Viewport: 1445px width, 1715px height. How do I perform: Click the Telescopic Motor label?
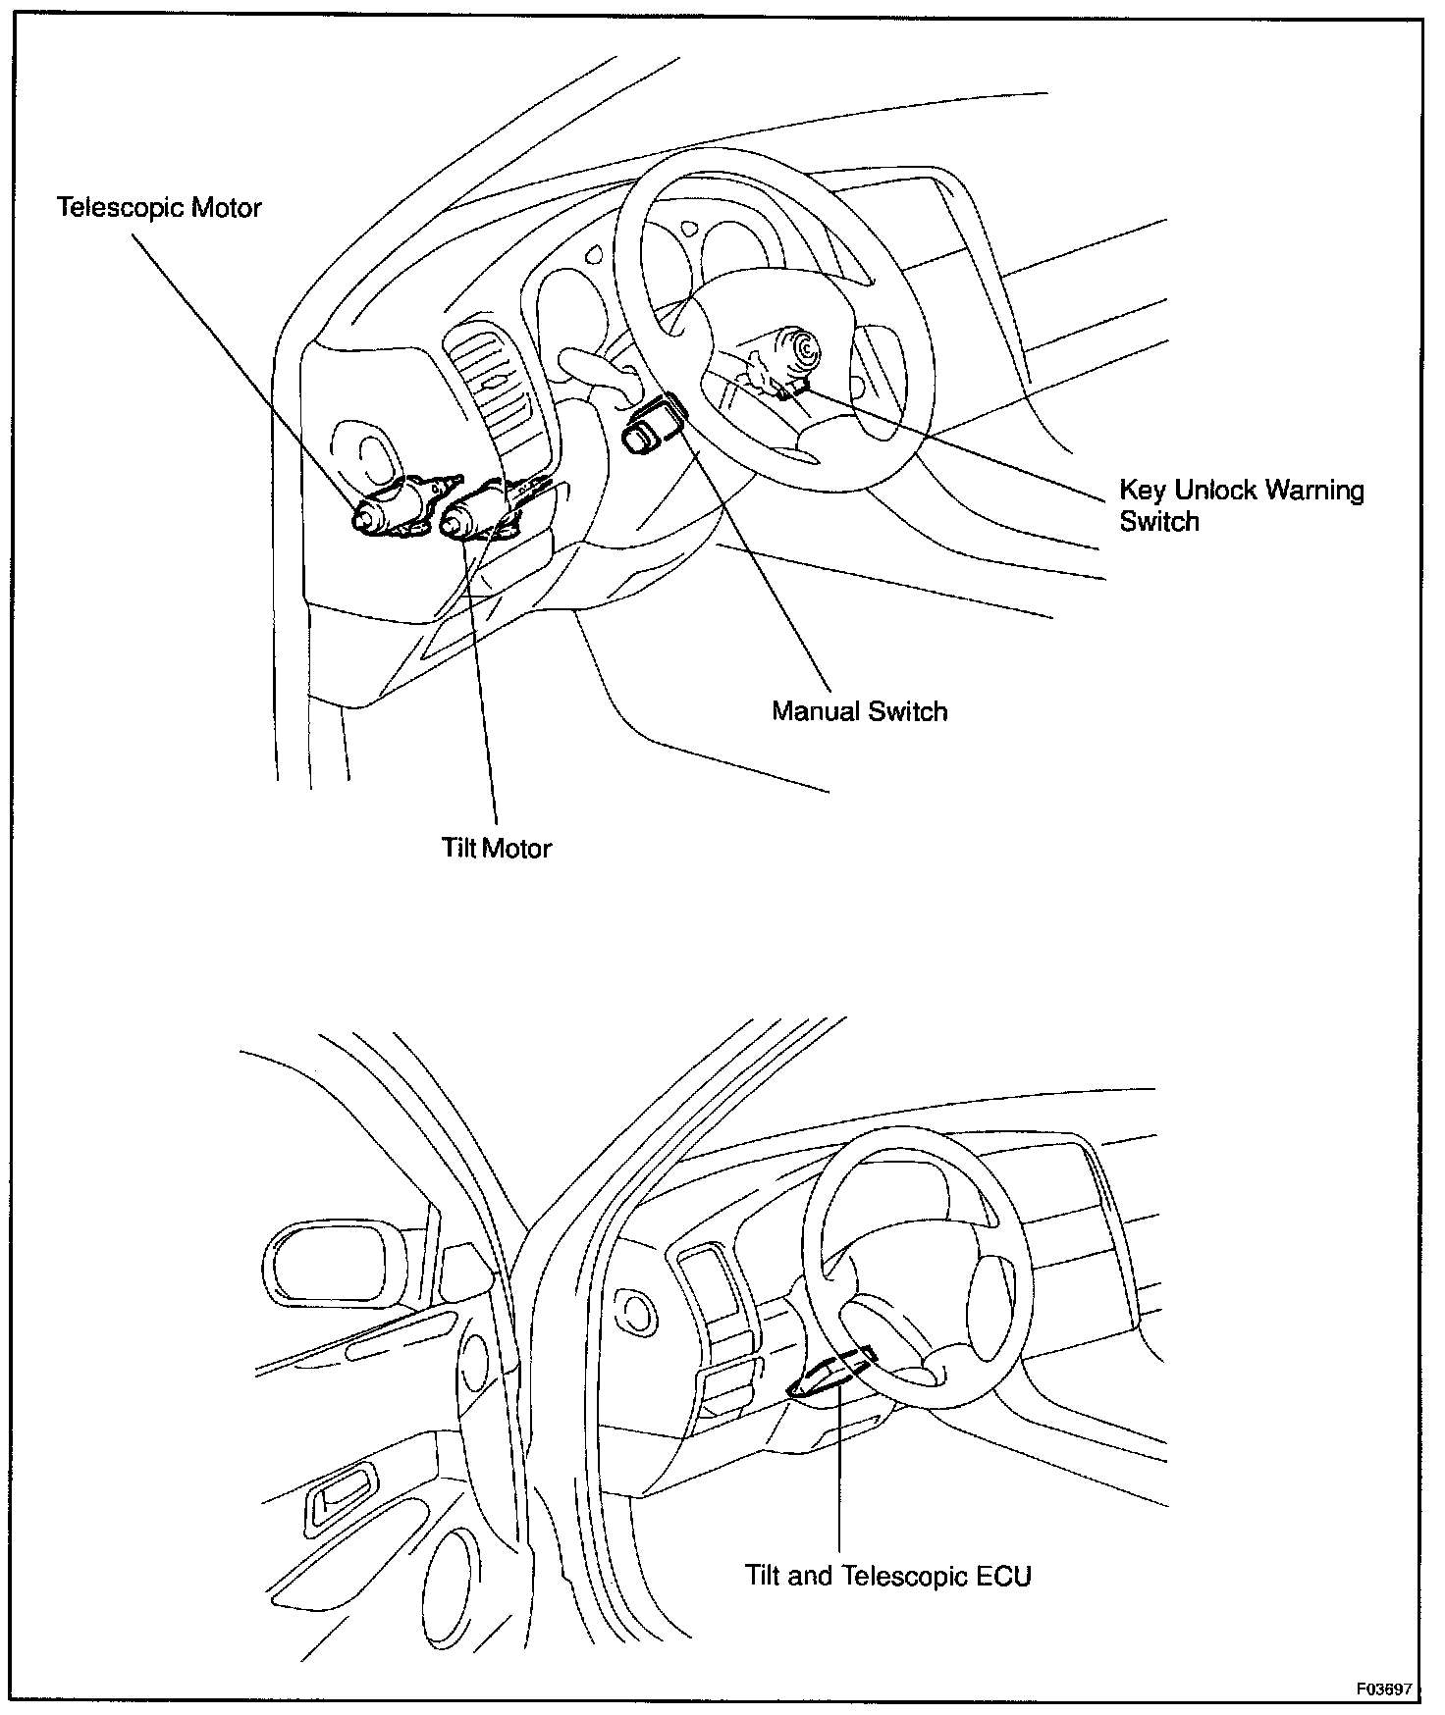159,208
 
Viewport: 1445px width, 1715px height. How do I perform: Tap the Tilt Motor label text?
496,848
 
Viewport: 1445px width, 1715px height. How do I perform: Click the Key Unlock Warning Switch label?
1241,505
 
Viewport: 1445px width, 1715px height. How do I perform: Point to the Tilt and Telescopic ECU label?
887,1576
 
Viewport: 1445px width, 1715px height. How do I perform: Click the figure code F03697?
1383,1689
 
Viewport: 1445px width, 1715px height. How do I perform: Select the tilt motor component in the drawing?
481,510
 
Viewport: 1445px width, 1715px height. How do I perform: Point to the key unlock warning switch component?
791,390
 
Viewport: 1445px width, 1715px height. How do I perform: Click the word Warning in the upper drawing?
1315,490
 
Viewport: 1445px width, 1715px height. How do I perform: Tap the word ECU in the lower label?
1002,1576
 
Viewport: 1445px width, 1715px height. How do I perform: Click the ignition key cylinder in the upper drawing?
800,350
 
